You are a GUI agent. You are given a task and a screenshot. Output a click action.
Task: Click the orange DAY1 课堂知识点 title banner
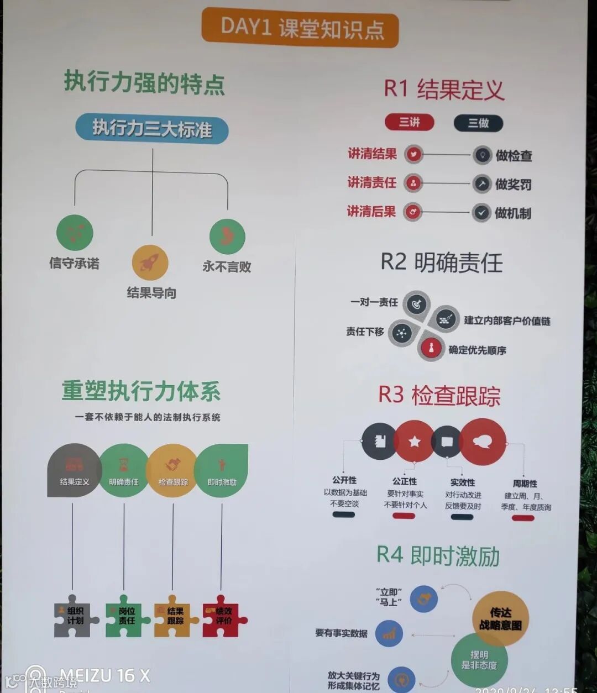click(300, 28)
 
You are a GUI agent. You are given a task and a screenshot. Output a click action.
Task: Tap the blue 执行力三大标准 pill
click(152, 129)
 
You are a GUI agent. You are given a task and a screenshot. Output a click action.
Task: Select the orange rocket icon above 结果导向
click(150, 262)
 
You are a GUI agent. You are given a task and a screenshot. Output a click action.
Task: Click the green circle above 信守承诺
click(75, 232)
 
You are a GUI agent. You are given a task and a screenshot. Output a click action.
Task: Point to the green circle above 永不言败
click(227, 236)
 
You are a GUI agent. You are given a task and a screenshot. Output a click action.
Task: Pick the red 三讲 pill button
click(410, 122)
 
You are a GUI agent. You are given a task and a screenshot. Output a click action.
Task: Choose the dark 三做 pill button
click(478, 123)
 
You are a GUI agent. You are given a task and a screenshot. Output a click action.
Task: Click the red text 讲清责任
click(371, 182)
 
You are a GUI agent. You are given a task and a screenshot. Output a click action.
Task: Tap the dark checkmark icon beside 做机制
click(481, 212)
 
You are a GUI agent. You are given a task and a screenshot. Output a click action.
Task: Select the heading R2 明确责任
click(442, 262)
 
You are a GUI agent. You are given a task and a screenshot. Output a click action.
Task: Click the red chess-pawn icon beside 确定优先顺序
click(431, 348)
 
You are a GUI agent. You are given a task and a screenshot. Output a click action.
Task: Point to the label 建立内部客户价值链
click(507, 321)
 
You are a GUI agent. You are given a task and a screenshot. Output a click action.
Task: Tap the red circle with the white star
click(414, 442)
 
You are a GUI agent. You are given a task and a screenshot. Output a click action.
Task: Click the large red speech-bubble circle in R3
click(483, 441)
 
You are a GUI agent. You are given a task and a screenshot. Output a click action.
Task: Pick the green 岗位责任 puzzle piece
click(126, 616)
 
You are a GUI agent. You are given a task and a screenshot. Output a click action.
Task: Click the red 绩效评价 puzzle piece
click(223, 616)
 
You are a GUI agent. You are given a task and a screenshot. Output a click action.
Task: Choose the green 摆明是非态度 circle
click(479, 660)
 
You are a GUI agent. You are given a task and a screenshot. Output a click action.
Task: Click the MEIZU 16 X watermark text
click(104, 675)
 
